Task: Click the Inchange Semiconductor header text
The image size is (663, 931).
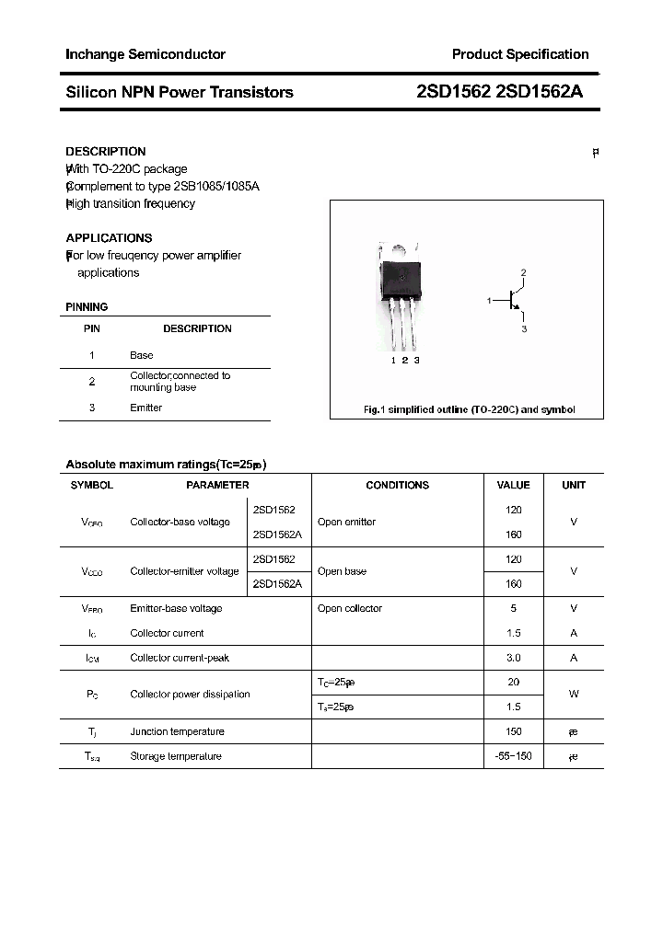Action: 145,54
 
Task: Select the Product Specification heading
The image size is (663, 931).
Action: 519,54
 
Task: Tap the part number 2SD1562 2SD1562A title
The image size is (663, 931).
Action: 499,92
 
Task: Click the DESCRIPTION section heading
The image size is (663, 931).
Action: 105,151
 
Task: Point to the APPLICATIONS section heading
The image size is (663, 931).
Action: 109,237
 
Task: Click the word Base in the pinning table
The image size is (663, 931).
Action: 141,355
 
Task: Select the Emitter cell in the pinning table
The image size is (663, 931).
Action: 145,408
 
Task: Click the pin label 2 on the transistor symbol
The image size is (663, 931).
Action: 523,273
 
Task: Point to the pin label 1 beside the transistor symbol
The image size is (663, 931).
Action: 489,301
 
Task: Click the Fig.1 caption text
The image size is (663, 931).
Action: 469,410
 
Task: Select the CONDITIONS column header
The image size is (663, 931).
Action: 397,485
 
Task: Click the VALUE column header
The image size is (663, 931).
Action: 513,485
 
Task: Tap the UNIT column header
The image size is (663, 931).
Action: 574,485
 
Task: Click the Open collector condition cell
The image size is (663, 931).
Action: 349,608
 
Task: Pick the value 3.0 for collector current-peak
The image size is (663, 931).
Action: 513,658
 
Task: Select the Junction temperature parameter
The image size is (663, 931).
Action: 177,731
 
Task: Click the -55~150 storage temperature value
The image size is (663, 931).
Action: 513,756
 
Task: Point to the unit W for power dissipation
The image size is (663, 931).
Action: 574,695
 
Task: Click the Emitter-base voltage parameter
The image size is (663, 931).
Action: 176,608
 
